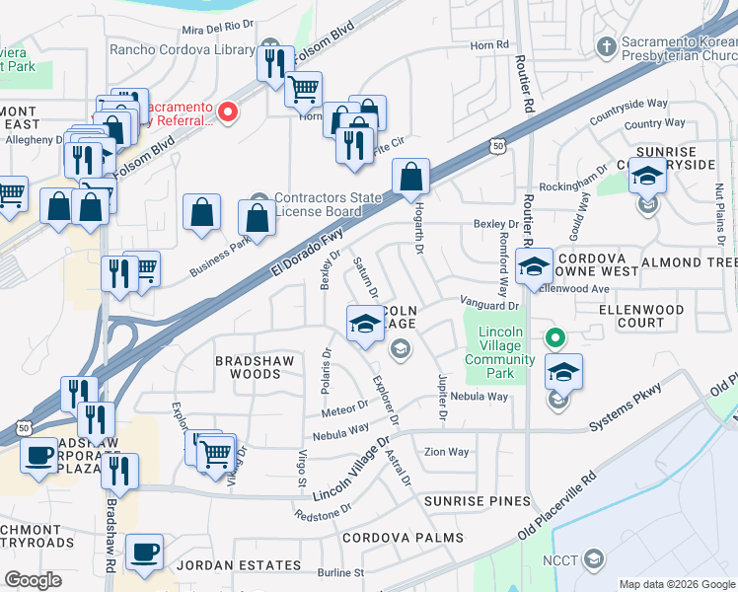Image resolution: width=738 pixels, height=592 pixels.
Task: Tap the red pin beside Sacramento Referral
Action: (x=229, y=112)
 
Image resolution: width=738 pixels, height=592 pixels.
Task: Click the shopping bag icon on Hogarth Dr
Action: (x=411, y=179)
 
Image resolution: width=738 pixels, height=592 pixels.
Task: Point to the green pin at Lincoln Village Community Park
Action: (x=555, y=338)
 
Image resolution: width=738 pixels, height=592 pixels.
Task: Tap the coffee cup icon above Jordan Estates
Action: (x=146, y=552)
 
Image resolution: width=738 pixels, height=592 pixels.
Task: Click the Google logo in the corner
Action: (x=34, y=580)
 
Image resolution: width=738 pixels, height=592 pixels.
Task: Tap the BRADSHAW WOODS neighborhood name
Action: (x=256, y=367)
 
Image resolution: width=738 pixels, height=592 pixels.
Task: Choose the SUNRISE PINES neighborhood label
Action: (x=478, y=501)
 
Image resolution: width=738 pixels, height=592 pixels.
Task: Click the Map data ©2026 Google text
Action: (x=676, y=583)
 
